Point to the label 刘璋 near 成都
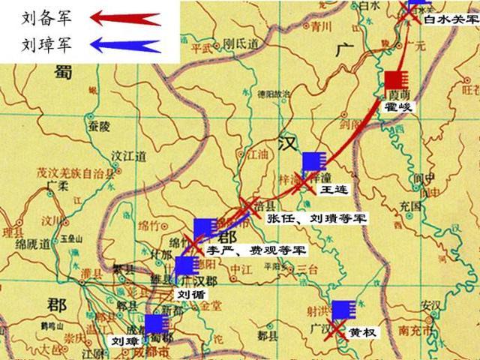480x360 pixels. click(x=124, y=340)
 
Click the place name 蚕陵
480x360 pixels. click(x=98, y=125)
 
